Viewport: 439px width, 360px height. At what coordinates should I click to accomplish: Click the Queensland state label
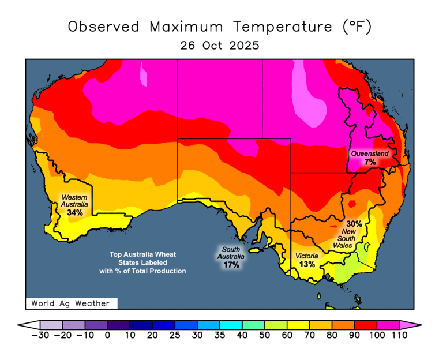click(x=370, y=154)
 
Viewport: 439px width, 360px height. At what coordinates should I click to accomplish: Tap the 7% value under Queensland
click(x=370, y=163)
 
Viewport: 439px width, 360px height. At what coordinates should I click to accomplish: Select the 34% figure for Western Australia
click(x=75, y=213)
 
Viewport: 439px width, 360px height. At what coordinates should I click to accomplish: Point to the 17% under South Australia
click(x=232, y=265)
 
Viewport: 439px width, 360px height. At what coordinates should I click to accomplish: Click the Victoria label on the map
click(x=307, y=256)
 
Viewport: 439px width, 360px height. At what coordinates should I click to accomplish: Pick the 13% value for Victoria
click(x=307, y=264)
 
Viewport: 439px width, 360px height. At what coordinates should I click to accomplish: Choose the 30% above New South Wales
click(x=354, y=224)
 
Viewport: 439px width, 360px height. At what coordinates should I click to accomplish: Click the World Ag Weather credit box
click(x=72, y=303)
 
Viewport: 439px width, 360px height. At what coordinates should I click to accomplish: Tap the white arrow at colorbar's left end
click(x=28, y=325)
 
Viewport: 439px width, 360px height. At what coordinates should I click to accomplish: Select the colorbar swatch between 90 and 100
click(x=365, y=325)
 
